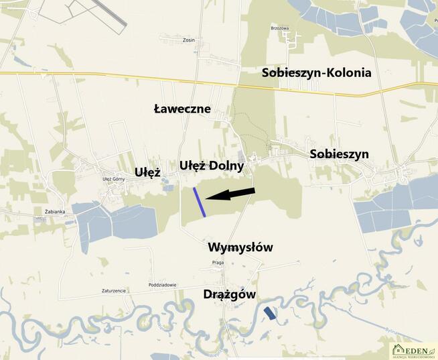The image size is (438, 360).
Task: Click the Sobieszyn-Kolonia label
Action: [316, 72]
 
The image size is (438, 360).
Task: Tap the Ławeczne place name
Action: [182, 109]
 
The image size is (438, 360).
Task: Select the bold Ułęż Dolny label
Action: [211, 165]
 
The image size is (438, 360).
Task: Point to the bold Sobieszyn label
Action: [339, 154]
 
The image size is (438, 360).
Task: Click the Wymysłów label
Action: [240, 247]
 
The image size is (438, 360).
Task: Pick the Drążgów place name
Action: [229, 294]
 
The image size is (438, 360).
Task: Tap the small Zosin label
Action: [188, 40]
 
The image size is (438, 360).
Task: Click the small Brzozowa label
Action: [279, 28]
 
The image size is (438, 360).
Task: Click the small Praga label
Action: [217, 262]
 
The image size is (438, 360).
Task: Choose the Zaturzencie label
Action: [114, 290]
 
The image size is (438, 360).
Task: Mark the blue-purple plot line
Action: [200, 202]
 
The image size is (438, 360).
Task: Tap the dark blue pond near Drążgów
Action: [269, 312]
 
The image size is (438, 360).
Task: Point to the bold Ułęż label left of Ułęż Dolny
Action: [147, 172]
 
